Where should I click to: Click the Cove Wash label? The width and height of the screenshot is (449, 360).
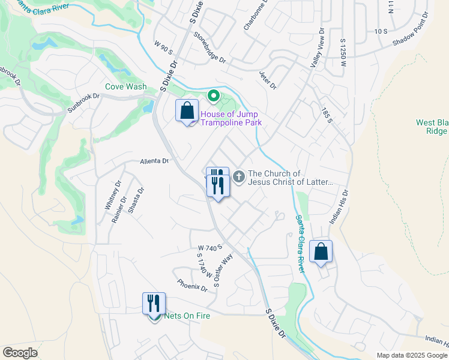(126, 86)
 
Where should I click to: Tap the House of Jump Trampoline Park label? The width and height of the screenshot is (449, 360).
(231, 118)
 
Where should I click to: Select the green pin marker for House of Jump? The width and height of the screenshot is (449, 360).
(212, 96)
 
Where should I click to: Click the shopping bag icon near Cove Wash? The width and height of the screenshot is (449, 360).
(187, 110)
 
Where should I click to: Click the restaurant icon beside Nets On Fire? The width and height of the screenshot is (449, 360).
(154, 303)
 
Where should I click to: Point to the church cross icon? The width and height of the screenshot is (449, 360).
(239, 176)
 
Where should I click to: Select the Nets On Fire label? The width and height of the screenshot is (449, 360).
(187, 316)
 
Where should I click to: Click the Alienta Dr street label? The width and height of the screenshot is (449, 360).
(155, 161)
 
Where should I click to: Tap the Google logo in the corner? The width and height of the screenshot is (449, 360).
(20, 353)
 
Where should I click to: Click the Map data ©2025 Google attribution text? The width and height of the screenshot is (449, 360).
(411, 355)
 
